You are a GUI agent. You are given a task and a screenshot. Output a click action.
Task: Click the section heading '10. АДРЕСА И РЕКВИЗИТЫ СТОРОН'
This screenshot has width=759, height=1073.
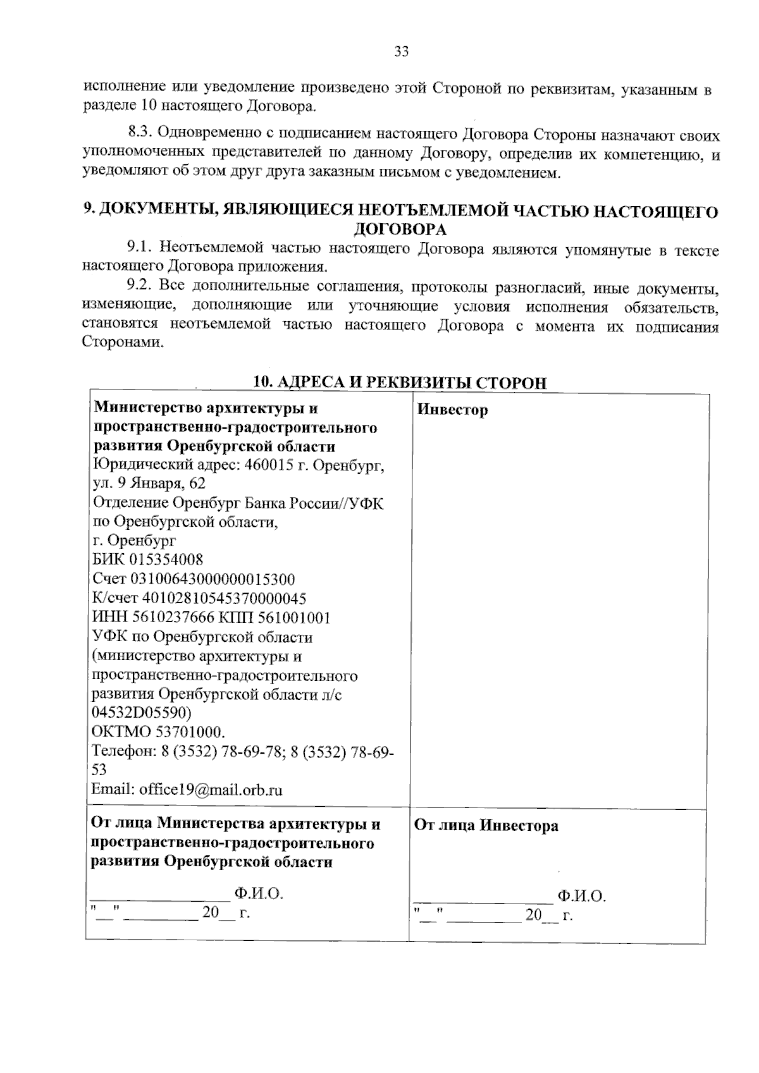pyautogui.click(x=399, y=383)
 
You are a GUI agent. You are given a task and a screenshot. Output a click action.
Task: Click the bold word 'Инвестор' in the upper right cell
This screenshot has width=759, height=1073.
pyautogui.click(x=453, y=410)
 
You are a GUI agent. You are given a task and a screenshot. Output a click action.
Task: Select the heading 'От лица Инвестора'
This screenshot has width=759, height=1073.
pyautogui.click(x=486, y=826)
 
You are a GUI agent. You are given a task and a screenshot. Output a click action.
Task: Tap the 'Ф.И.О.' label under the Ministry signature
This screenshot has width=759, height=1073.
pyautogui.click(x=258, y=893)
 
